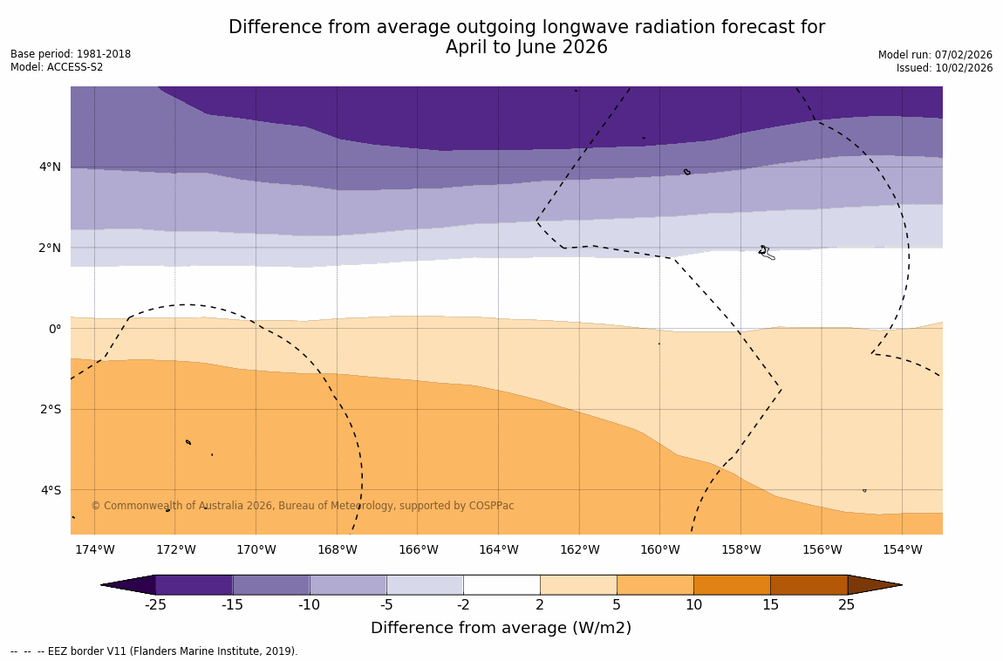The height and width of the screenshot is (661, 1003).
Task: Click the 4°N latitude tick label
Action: (x=50, y=167)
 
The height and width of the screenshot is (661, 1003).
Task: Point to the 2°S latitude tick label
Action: (x=50, y=409)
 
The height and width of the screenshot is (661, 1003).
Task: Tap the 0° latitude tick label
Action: (x=55, y=329)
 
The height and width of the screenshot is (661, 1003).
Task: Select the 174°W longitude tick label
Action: (x=94, y=549)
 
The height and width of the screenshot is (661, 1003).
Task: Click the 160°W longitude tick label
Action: (x=659, y=549)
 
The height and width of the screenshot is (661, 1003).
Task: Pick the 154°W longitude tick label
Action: (x=902, y=549)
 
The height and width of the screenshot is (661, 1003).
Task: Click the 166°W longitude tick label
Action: (x=418, y=549)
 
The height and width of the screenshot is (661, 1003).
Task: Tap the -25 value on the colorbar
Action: (x=155, y=605)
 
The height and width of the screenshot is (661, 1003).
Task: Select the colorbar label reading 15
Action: (x=770, y=605)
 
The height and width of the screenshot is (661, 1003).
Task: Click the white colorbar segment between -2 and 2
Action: (x=501, y=584)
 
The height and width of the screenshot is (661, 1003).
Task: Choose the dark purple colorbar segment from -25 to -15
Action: (x=194, y=584)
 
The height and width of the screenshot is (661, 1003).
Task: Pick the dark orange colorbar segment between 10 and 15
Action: (x=732, y=584)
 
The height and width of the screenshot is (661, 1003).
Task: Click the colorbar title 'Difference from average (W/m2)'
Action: (x=501, y=628)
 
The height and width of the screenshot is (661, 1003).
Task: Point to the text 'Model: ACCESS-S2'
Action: (x=57, y=67)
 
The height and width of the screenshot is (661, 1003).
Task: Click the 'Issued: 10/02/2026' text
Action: (x=945, y=68)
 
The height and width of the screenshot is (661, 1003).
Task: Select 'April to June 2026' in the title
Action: (x=526, y=48)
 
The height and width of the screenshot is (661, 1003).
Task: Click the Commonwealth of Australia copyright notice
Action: (x=303, y=506)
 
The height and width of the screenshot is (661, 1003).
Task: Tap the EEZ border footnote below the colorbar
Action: (x=154, y=651)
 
